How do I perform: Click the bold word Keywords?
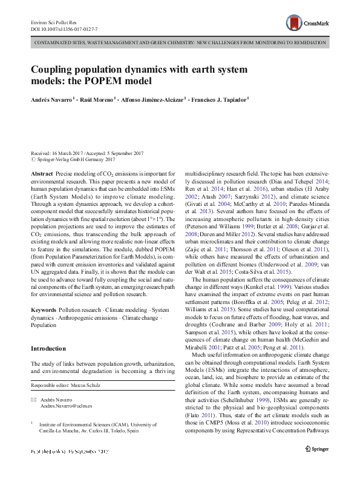tap(44, 309)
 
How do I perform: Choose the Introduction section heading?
tap(48, 349)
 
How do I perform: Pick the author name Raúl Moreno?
tap(96, 99)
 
